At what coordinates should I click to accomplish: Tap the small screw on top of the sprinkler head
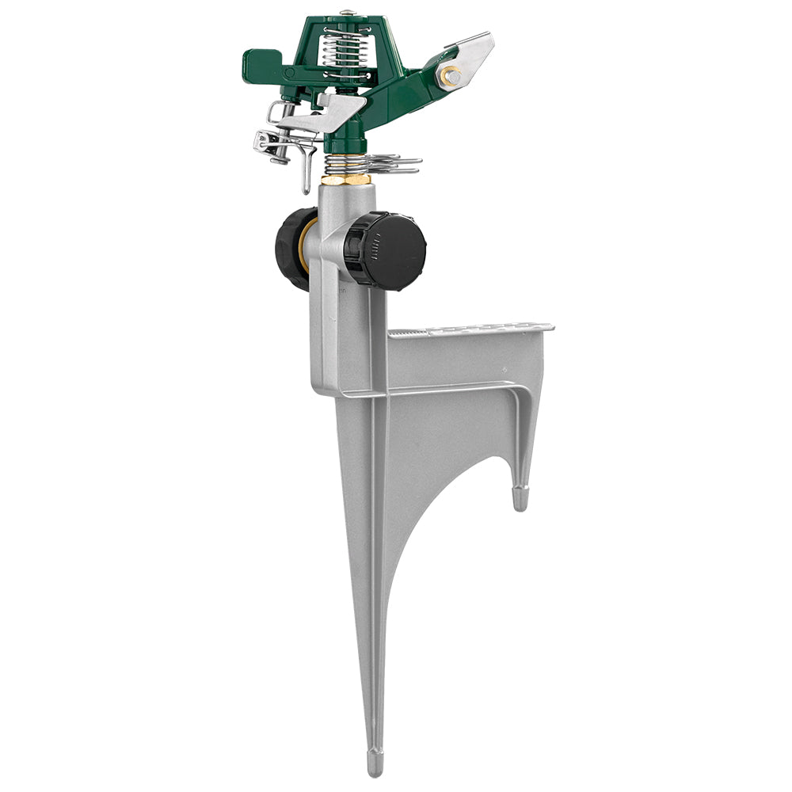(x=346, y=12)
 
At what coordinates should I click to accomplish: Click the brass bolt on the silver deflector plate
(x=451, y=76)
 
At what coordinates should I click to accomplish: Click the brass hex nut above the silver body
(x=347, y=180)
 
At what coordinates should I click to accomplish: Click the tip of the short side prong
(x=520, y=501)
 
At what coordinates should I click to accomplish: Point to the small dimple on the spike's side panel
(x=504, y=370)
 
